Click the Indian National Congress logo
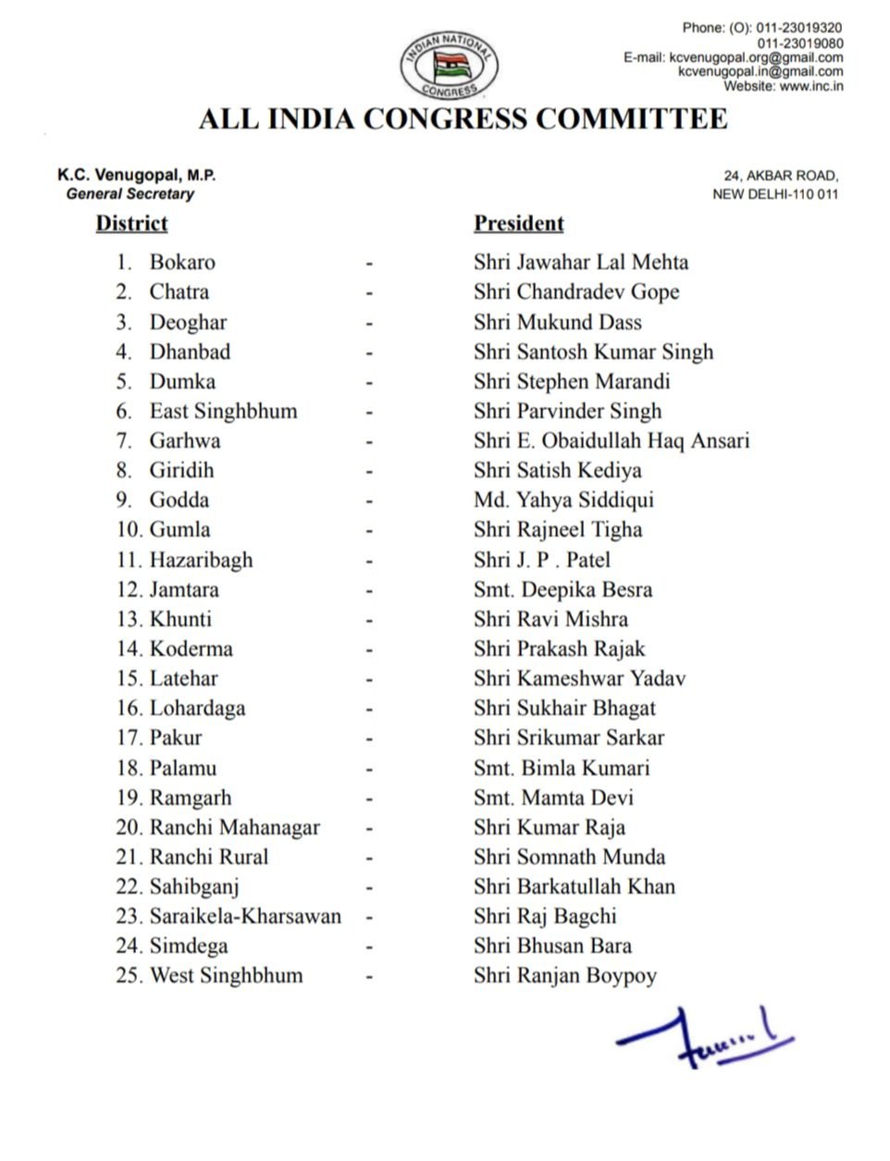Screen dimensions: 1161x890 (x=450, y=64)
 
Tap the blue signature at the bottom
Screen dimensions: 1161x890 (x=703, y=1037)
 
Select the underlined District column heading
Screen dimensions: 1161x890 (x=131, y=224)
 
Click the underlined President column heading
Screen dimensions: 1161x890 (x=518, y=224)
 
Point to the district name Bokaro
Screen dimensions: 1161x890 (x=182, y=263)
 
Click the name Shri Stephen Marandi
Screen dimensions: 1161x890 (x=571, y=381)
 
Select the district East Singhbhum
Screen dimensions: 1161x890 (x=223, y=411)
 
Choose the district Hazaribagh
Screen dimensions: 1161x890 (x=201, y=560)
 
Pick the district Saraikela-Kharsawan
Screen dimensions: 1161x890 (x=245, y=916)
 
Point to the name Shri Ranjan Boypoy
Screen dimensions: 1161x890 (x=564, y=976)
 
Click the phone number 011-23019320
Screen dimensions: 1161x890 (x=799, y=29)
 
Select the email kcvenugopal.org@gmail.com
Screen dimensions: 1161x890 (x=756, y=57)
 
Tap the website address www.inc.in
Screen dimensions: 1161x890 (x=811, y=86)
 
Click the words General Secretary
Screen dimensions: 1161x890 (x=130, y=194)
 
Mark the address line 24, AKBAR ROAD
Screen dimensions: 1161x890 (x=781, y=176)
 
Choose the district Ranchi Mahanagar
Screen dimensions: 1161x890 (x=234, y=827)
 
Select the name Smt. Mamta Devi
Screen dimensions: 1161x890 (x=553, y=797)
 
